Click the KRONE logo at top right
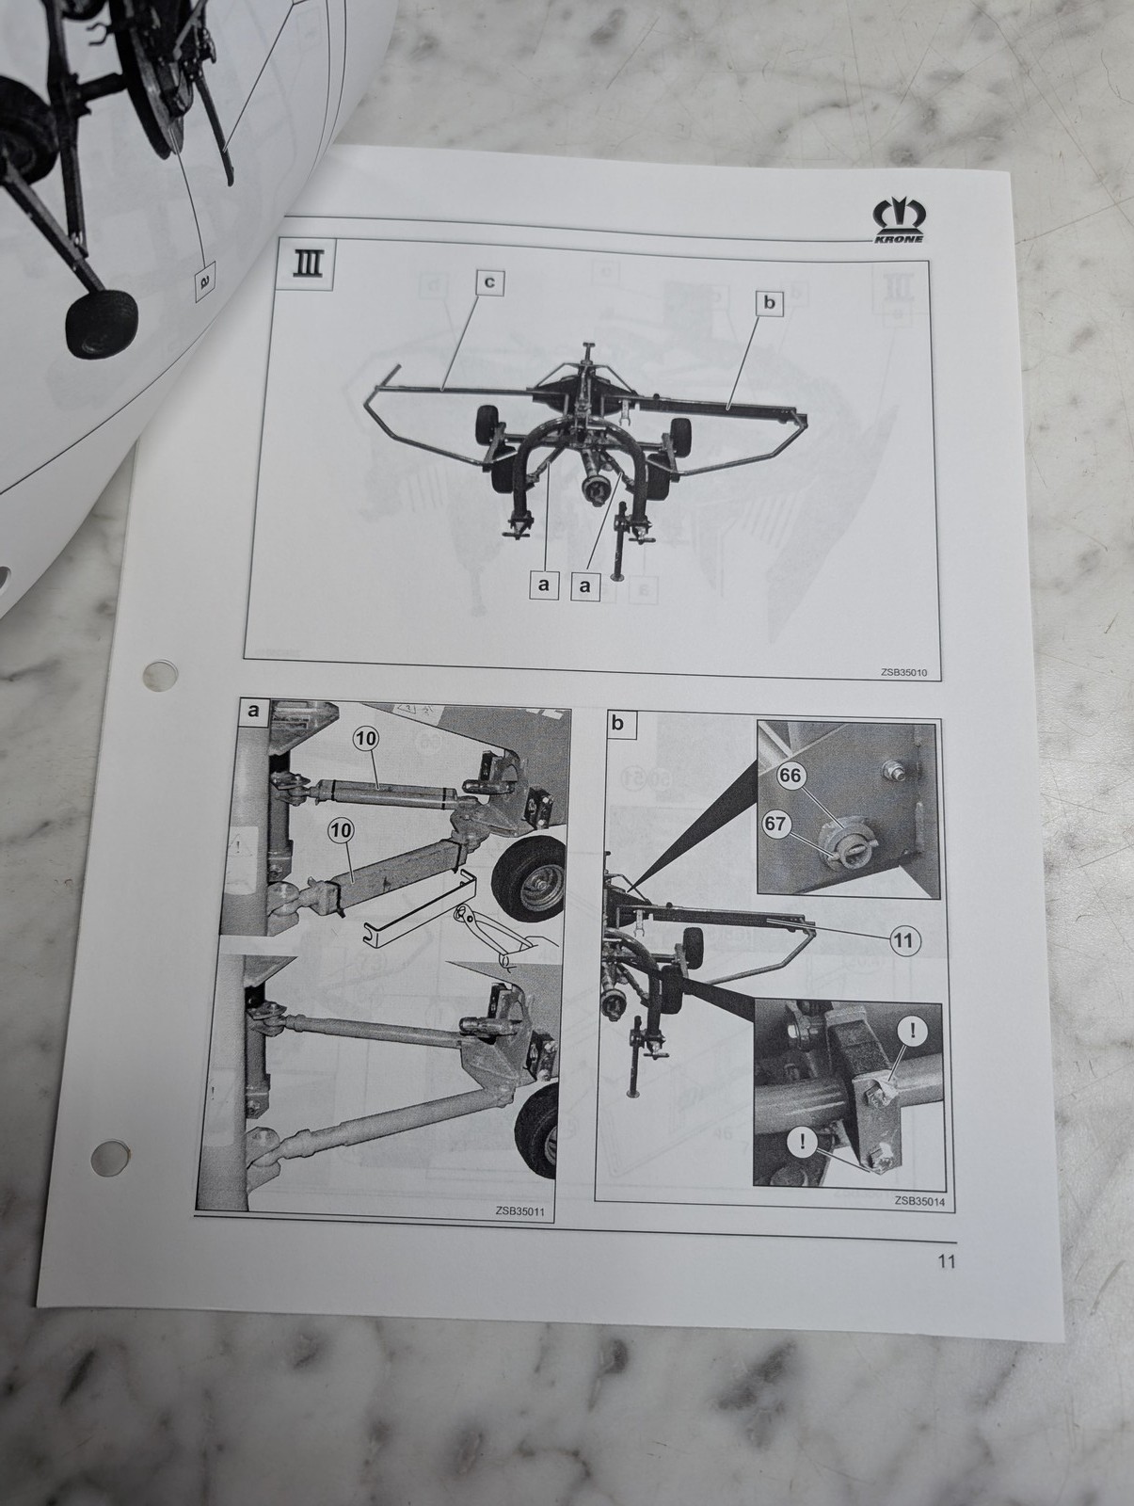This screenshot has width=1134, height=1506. click(898, 220)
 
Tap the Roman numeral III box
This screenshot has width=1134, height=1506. click(309, 264)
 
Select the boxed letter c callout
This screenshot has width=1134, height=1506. click(489, 282)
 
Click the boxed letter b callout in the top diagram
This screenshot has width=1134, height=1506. click(770, 302)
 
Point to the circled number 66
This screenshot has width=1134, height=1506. click(790, 776)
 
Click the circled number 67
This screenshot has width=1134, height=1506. click(775, 824)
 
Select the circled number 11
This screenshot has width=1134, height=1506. click(904, 939)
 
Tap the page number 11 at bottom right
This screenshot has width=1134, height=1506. click(947, 1261)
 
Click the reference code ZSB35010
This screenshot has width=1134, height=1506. click(903, 672)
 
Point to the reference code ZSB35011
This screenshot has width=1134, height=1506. click(520, 1211)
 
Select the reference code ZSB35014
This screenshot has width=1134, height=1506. click(919, 1200)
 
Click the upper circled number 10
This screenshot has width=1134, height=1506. click(366, 739)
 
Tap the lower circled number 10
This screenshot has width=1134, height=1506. click(341, 831)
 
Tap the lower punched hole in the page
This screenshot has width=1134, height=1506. click(110, 1156)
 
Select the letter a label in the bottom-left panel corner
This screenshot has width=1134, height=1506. click(254, 710)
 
